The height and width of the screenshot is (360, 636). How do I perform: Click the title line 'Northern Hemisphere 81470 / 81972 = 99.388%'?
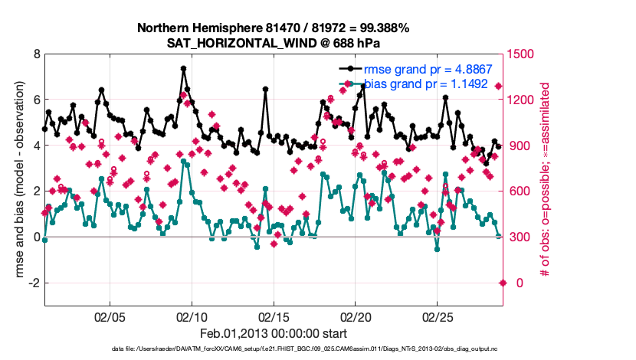(x=274, y=28)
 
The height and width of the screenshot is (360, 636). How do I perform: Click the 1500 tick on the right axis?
(x=521, y=54)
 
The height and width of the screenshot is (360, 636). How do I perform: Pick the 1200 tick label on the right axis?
(x=521, y=100)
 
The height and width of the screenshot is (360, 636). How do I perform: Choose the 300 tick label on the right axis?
(x=518, y=237)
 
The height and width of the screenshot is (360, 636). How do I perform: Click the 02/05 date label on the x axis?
(x=110, y=316)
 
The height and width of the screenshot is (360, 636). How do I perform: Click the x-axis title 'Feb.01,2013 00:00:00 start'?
(x=274, y=333)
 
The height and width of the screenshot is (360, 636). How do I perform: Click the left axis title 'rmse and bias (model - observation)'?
(x=17, y=180)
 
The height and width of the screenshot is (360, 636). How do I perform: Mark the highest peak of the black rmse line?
(x=184, y=68)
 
